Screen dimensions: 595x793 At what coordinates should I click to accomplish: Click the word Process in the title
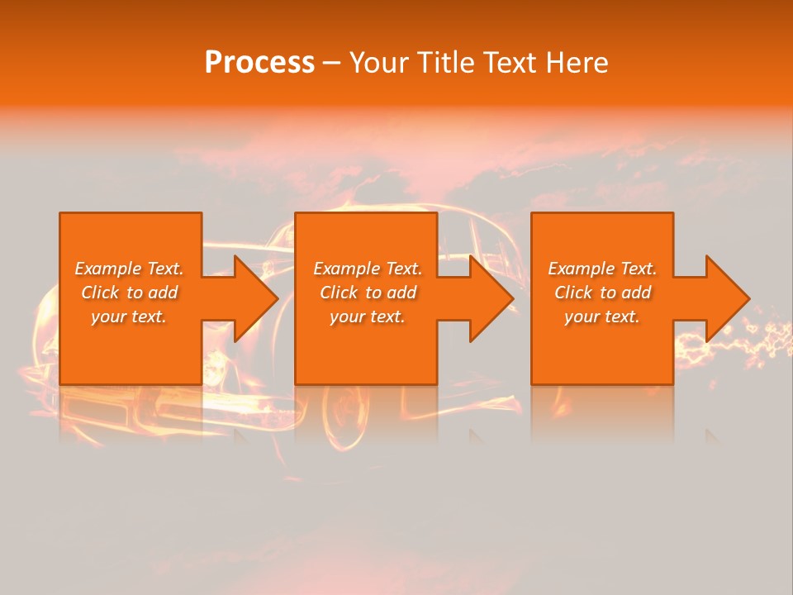coord(259,63)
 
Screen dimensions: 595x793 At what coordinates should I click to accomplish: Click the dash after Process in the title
coord(331,64)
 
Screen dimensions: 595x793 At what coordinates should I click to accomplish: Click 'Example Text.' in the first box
coord(129,269)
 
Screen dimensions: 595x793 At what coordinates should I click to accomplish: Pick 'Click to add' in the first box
coord(129,293)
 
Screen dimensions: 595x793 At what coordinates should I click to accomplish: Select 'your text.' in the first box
coord(129,317)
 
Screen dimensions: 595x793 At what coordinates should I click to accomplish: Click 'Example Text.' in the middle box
coord(368,269)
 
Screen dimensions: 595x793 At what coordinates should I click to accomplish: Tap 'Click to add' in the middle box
coord(368,293)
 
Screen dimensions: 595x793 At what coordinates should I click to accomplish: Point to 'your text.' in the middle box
coord(368,317)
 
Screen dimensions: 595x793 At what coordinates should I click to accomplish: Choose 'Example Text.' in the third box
coord(602,269)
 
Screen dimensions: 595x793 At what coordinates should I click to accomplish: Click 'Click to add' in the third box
coord(602,293)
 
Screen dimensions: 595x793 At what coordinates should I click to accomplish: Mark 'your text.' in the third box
coord(602,317)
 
